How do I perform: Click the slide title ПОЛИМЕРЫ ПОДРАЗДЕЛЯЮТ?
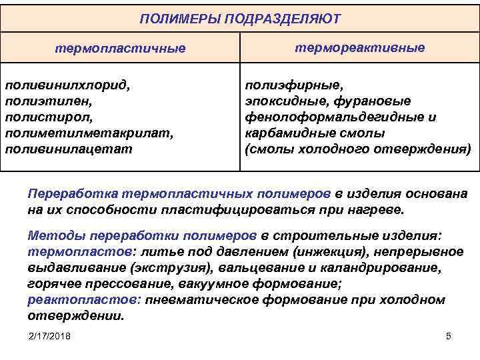pos(239,18)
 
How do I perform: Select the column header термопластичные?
pos(120,49)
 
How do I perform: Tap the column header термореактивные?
pos(359,48)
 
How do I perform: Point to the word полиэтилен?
pos(46,101)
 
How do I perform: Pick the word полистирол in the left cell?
pos(45,117)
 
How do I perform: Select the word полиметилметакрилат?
pos(89,133)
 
